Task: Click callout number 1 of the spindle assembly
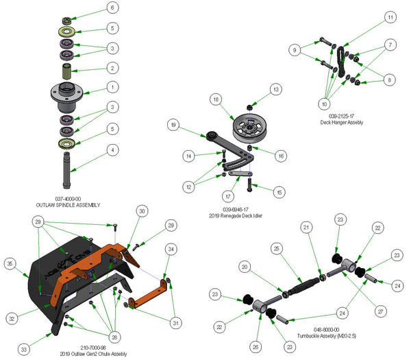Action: click(112, 88)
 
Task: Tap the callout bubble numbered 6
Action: click(112, 8)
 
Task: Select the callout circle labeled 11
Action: click(390, 16)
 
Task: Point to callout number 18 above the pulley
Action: click(216, 100)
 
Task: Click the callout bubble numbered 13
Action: click(275, 89)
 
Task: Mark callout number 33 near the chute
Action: click(23, 350)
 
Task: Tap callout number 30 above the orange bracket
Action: click(141, 212)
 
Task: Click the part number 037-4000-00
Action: click(68, 198)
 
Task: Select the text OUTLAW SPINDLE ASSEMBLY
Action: click(68, 205)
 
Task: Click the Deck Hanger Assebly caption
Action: click(341, 122)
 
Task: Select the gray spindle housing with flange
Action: click(68, 93)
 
